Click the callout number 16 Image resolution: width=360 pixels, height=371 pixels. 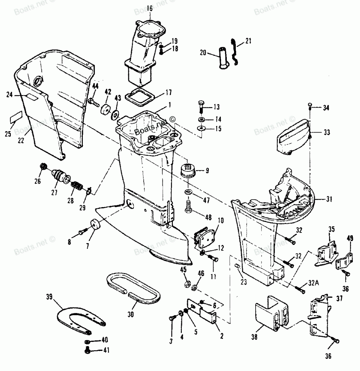[149, 9]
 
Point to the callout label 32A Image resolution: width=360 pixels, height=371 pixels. [314, 283]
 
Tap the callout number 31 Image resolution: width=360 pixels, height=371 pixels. [329, 200]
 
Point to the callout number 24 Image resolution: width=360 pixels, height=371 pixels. [9, 95]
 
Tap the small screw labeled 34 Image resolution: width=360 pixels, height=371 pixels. [310, 106]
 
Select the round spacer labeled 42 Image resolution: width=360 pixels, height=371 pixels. [105, 109]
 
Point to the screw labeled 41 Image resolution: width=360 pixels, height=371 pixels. [87, 350]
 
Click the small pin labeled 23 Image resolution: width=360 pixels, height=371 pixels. [237, 266]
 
